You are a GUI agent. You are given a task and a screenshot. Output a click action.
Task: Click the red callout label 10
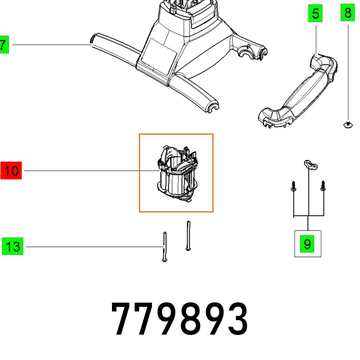coord(12,171)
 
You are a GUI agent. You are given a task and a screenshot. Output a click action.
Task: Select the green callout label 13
coord(13,247)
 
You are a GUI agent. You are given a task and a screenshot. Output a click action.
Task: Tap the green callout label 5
coord(315,14)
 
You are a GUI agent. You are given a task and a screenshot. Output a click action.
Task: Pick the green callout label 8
coord(347,13)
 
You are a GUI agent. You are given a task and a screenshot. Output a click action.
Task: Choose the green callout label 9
coord(307,244)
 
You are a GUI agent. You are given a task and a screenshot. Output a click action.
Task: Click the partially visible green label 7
coord(4,45)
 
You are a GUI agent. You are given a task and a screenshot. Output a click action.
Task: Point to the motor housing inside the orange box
coord(176,173)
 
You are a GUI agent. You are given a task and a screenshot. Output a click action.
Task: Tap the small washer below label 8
coord(347,125)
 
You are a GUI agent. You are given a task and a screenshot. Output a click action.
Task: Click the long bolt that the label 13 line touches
coord(165,247)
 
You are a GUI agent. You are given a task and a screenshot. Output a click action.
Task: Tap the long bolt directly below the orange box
coord(188,236)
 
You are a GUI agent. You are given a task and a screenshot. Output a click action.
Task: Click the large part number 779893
coord(180,319)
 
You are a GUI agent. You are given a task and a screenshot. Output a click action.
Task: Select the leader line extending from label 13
coord(90,247)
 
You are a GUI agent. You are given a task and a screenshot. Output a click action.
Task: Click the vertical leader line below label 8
coord(347,72)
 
